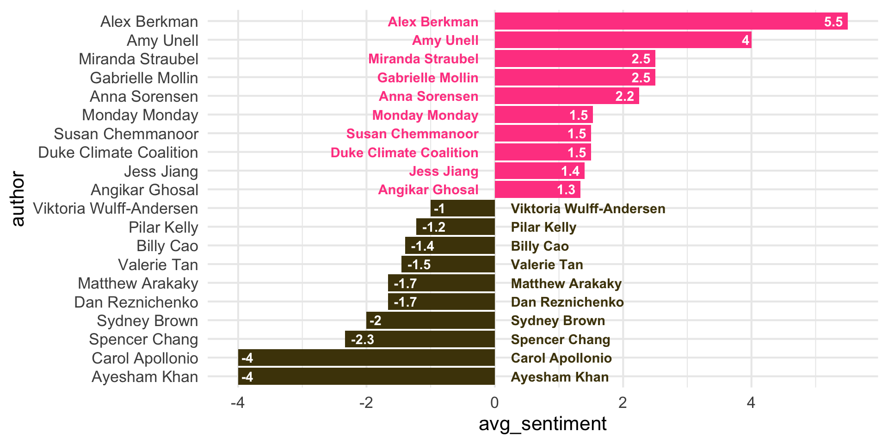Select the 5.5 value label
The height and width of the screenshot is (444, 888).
click(x=833, y=22)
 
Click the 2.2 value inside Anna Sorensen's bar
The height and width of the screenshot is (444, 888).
click(x=624, y=96)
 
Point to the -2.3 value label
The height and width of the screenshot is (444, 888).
click(x=362, y=339)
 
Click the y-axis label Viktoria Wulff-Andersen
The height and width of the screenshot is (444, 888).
click(x=116, y=209)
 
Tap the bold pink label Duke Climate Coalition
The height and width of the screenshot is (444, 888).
click(x=404, y=153)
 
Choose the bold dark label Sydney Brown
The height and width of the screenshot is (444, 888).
click(x=558, y=321)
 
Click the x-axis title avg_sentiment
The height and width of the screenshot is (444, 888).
click(x=543, y=424)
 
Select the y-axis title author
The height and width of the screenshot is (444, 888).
click(x=18, y=199)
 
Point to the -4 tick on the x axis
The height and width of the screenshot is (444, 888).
click(x=238, y=403)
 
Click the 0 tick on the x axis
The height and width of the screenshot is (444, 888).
click(x=494, y=403)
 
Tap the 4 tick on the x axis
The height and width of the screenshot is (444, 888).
click(x=751, y=403)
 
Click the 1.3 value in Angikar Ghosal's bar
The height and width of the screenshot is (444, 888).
click(x=566, y=190)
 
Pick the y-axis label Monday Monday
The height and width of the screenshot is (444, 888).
click(x=140, y=115)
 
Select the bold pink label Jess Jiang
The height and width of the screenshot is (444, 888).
click(x=444, y=171)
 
